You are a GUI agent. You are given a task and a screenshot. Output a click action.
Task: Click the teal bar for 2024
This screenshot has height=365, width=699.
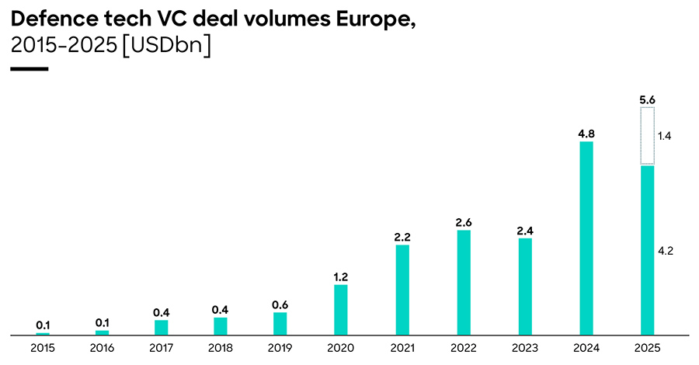point(586,238)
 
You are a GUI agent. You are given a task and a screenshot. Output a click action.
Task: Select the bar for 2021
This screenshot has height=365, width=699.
point(402,290)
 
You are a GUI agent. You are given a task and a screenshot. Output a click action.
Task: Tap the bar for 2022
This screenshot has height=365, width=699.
point(464,282)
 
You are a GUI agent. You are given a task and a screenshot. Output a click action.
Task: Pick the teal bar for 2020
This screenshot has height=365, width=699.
point(340,309)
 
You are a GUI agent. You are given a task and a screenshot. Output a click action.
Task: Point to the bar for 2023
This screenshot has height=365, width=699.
point(525,286)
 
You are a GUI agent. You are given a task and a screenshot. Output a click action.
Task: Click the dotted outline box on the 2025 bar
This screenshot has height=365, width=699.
point(646,136)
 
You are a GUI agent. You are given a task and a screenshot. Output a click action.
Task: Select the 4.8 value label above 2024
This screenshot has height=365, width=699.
point(586,133)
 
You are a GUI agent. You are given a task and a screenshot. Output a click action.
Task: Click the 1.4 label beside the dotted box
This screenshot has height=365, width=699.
point(665,136)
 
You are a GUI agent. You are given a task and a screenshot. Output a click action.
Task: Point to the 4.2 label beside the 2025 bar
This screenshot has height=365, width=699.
point(665,251)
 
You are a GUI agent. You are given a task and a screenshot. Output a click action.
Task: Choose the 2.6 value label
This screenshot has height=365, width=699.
point(464,222)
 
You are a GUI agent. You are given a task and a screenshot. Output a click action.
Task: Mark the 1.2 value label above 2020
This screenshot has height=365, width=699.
point(340,276)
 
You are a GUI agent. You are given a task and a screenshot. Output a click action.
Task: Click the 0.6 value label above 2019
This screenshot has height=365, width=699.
point(280,304)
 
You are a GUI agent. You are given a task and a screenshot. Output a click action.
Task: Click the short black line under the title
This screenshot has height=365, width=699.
point(30,69)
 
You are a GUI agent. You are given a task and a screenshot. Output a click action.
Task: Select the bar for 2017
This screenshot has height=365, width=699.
point(161,327)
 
